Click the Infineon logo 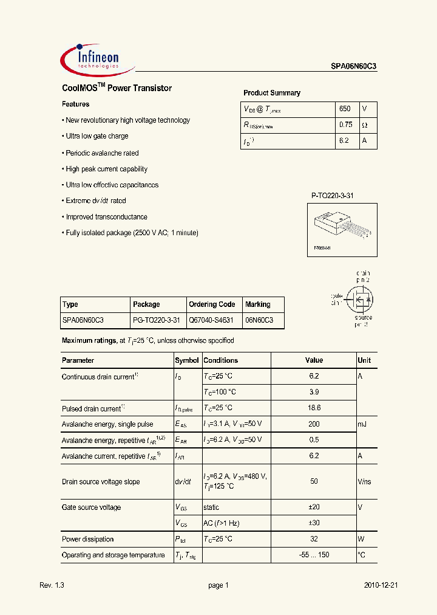coord(91,59)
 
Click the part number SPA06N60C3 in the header coord(354,67)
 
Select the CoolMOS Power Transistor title coord(117,88)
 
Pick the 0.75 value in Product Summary coord(345,125)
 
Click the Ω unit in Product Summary coord(365,125)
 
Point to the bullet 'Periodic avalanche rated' coord(101,153)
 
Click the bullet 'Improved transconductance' coord(106,217)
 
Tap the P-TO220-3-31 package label coord(332,196)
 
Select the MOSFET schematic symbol coord(357,298)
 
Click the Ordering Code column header coord(212,304)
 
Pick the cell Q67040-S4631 coord(211,320)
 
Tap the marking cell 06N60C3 coord(259,320)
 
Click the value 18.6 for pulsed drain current coord(314,408)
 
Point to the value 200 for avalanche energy coord(314,424)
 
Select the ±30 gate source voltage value coord(314,523)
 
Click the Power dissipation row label coord(88,539)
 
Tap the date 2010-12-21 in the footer coord(381,585)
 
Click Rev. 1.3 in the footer coord(52,585)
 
